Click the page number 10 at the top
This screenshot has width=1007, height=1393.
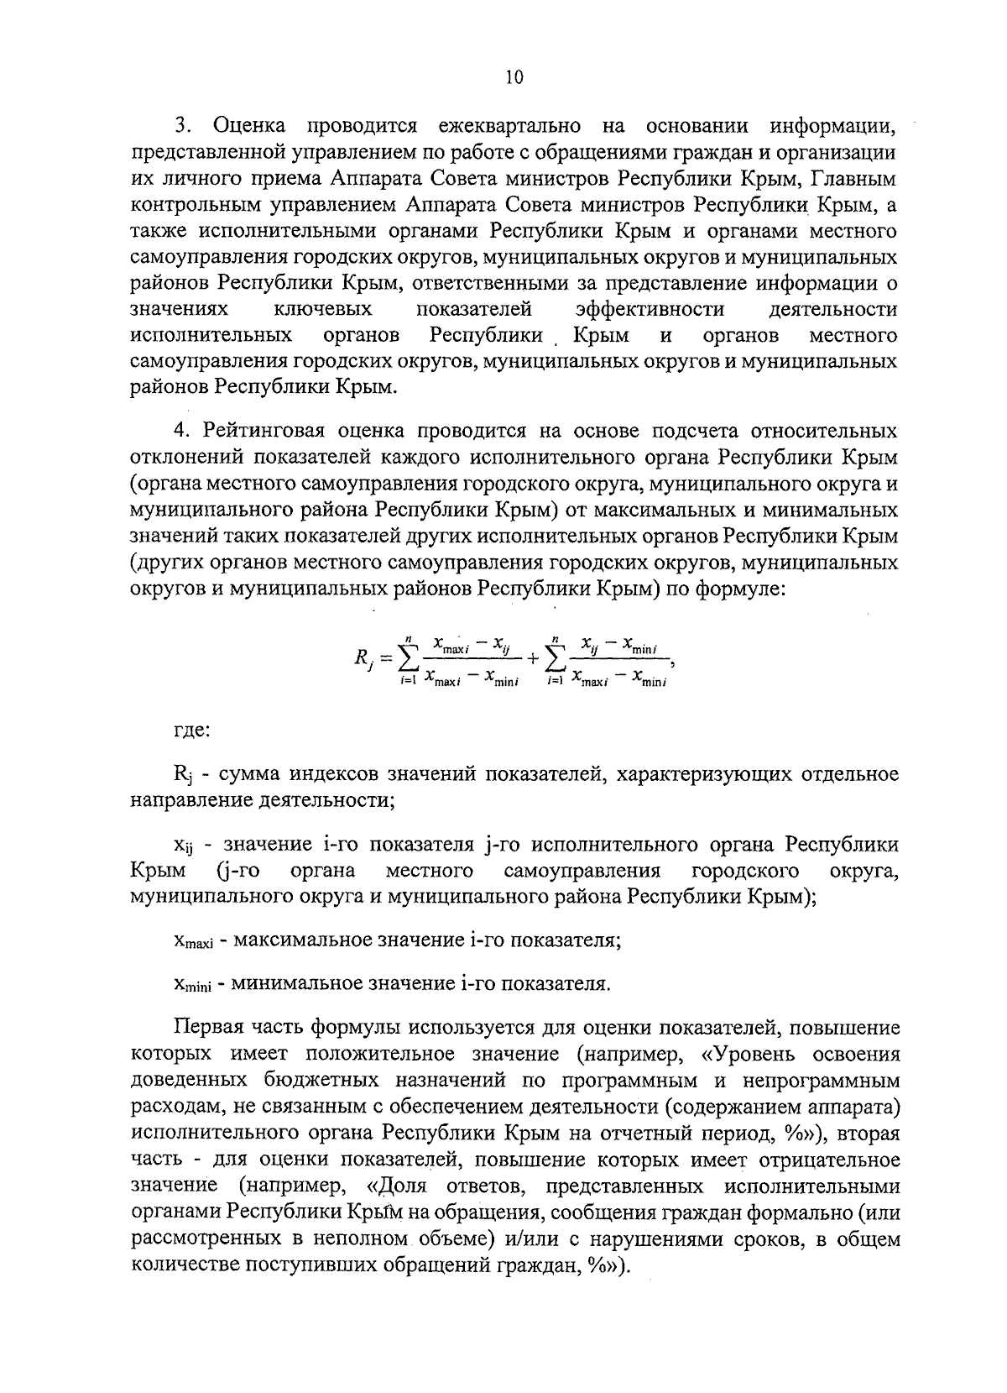click(514, 77)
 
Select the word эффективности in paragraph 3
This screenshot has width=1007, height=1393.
click(650, 309)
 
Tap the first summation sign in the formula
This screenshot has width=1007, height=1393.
click(410, 659)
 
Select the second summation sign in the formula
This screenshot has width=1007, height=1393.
click(555, 659)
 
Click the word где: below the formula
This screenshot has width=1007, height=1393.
click(191, 730)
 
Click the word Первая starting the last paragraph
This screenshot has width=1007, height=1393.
click(206, 1028)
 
